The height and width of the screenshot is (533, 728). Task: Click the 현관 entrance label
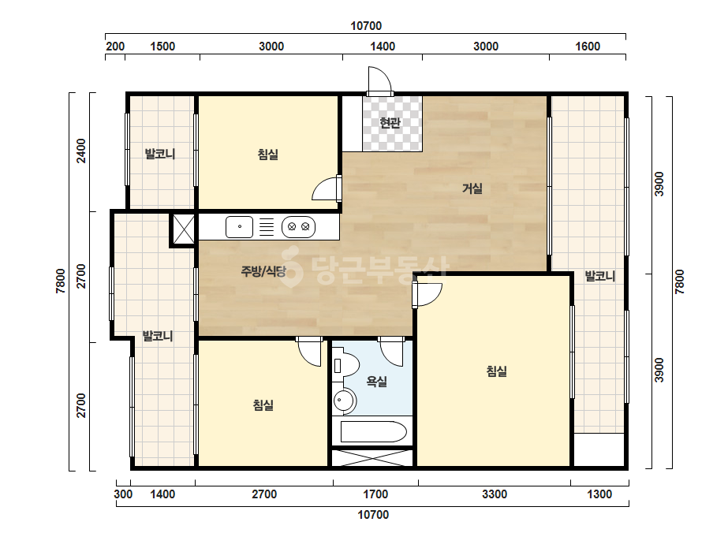(x=390, y=123)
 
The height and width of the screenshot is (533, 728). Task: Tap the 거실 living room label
(x=472, y=188)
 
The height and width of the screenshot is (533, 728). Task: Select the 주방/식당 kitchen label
(x=263, y=271)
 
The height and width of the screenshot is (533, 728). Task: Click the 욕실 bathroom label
(x=376, y=382)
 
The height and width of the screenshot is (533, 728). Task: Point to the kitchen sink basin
(x=240, y=227)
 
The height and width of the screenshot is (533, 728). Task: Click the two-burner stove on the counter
(x=299, y=227)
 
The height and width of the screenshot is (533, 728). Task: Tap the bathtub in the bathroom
(x=374, y=432)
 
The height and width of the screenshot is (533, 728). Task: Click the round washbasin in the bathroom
(x=344, y=401)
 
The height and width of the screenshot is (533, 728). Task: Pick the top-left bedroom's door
(x=327, y=188)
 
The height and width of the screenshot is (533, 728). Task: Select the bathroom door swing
(x=391, y=352)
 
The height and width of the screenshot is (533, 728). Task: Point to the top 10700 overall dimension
(x=366, y=26)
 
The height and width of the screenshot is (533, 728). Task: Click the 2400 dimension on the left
(x=81, y=151)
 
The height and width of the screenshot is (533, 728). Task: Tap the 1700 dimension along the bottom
(x=375, y=494)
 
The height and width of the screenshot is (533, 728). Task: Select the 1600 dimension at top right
(x=588, y=47)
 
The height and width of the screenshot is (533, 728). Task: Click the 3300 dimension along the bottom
(x=495, y=494)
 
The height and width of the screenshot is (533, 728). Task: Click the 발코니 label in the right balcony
(x=600, y=277)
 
